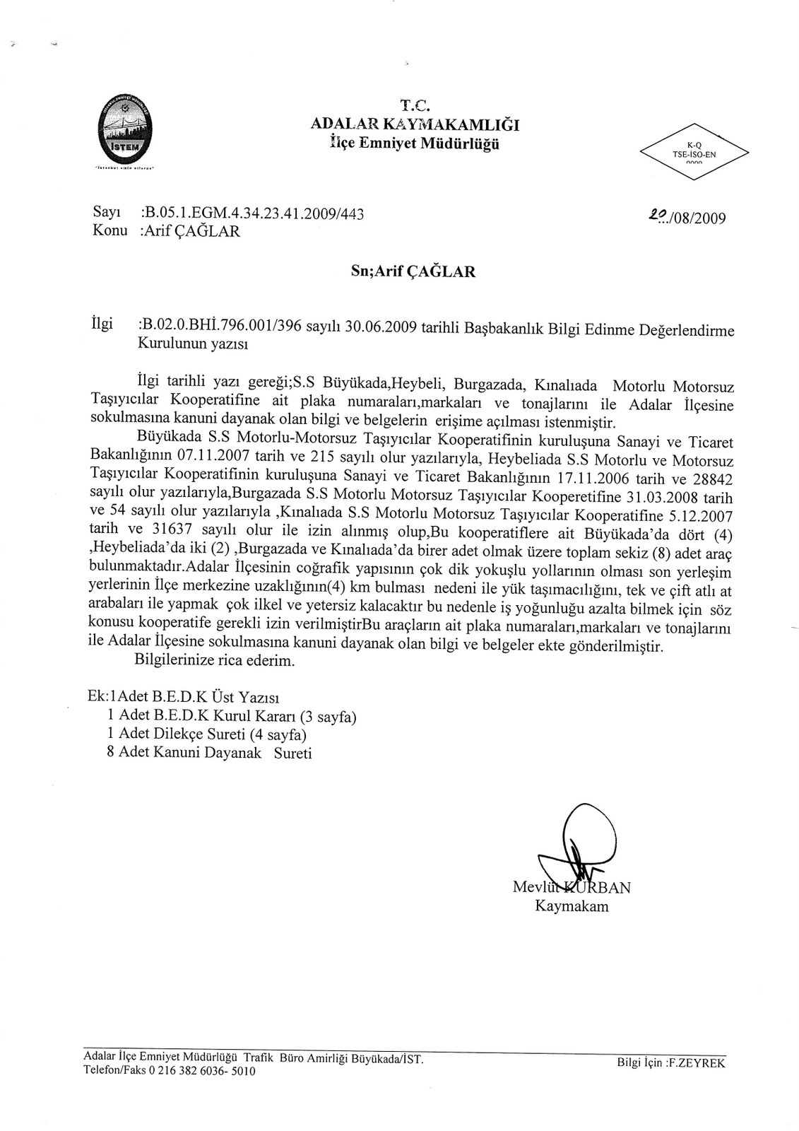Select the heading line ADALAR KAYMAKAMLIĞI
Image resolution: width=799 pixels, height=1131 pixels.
[x=415, y=124]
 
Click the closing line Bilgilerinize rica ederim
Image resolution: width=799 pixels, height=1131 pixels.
[x=213, y=662]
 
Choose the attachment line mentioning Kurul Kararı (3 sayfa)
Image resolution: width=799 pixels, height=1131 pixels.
[x=231, y=717]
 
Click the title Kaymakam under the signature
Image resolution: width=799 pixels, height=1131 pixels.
[x=571, y=906]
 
